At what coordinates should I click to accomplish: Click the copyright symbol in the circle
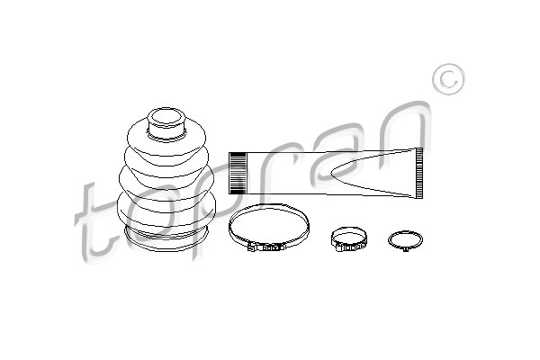(448, 79)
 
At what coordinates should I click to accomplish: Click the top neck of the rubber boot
(166, 123)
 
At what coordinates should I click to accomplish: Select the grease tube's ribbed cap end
(238, 174)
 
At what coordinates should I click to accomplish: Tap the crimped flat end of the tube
(419, 174)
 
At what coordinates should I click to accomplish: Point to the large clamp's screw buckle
(267, 247)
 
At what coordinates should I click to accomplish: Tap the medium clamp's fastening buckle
(350, 247)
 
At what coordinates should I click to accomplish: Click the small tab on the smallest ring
(405, 249)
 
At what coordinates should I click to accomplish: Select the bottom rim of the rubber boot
(166, 238)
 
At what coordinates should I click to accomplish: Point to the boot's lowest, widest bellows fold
(166, 211)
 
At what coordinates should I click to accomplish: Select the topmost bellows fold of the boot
(166, 138)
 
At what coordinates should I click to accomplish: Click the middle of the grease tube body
(326, 174)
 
